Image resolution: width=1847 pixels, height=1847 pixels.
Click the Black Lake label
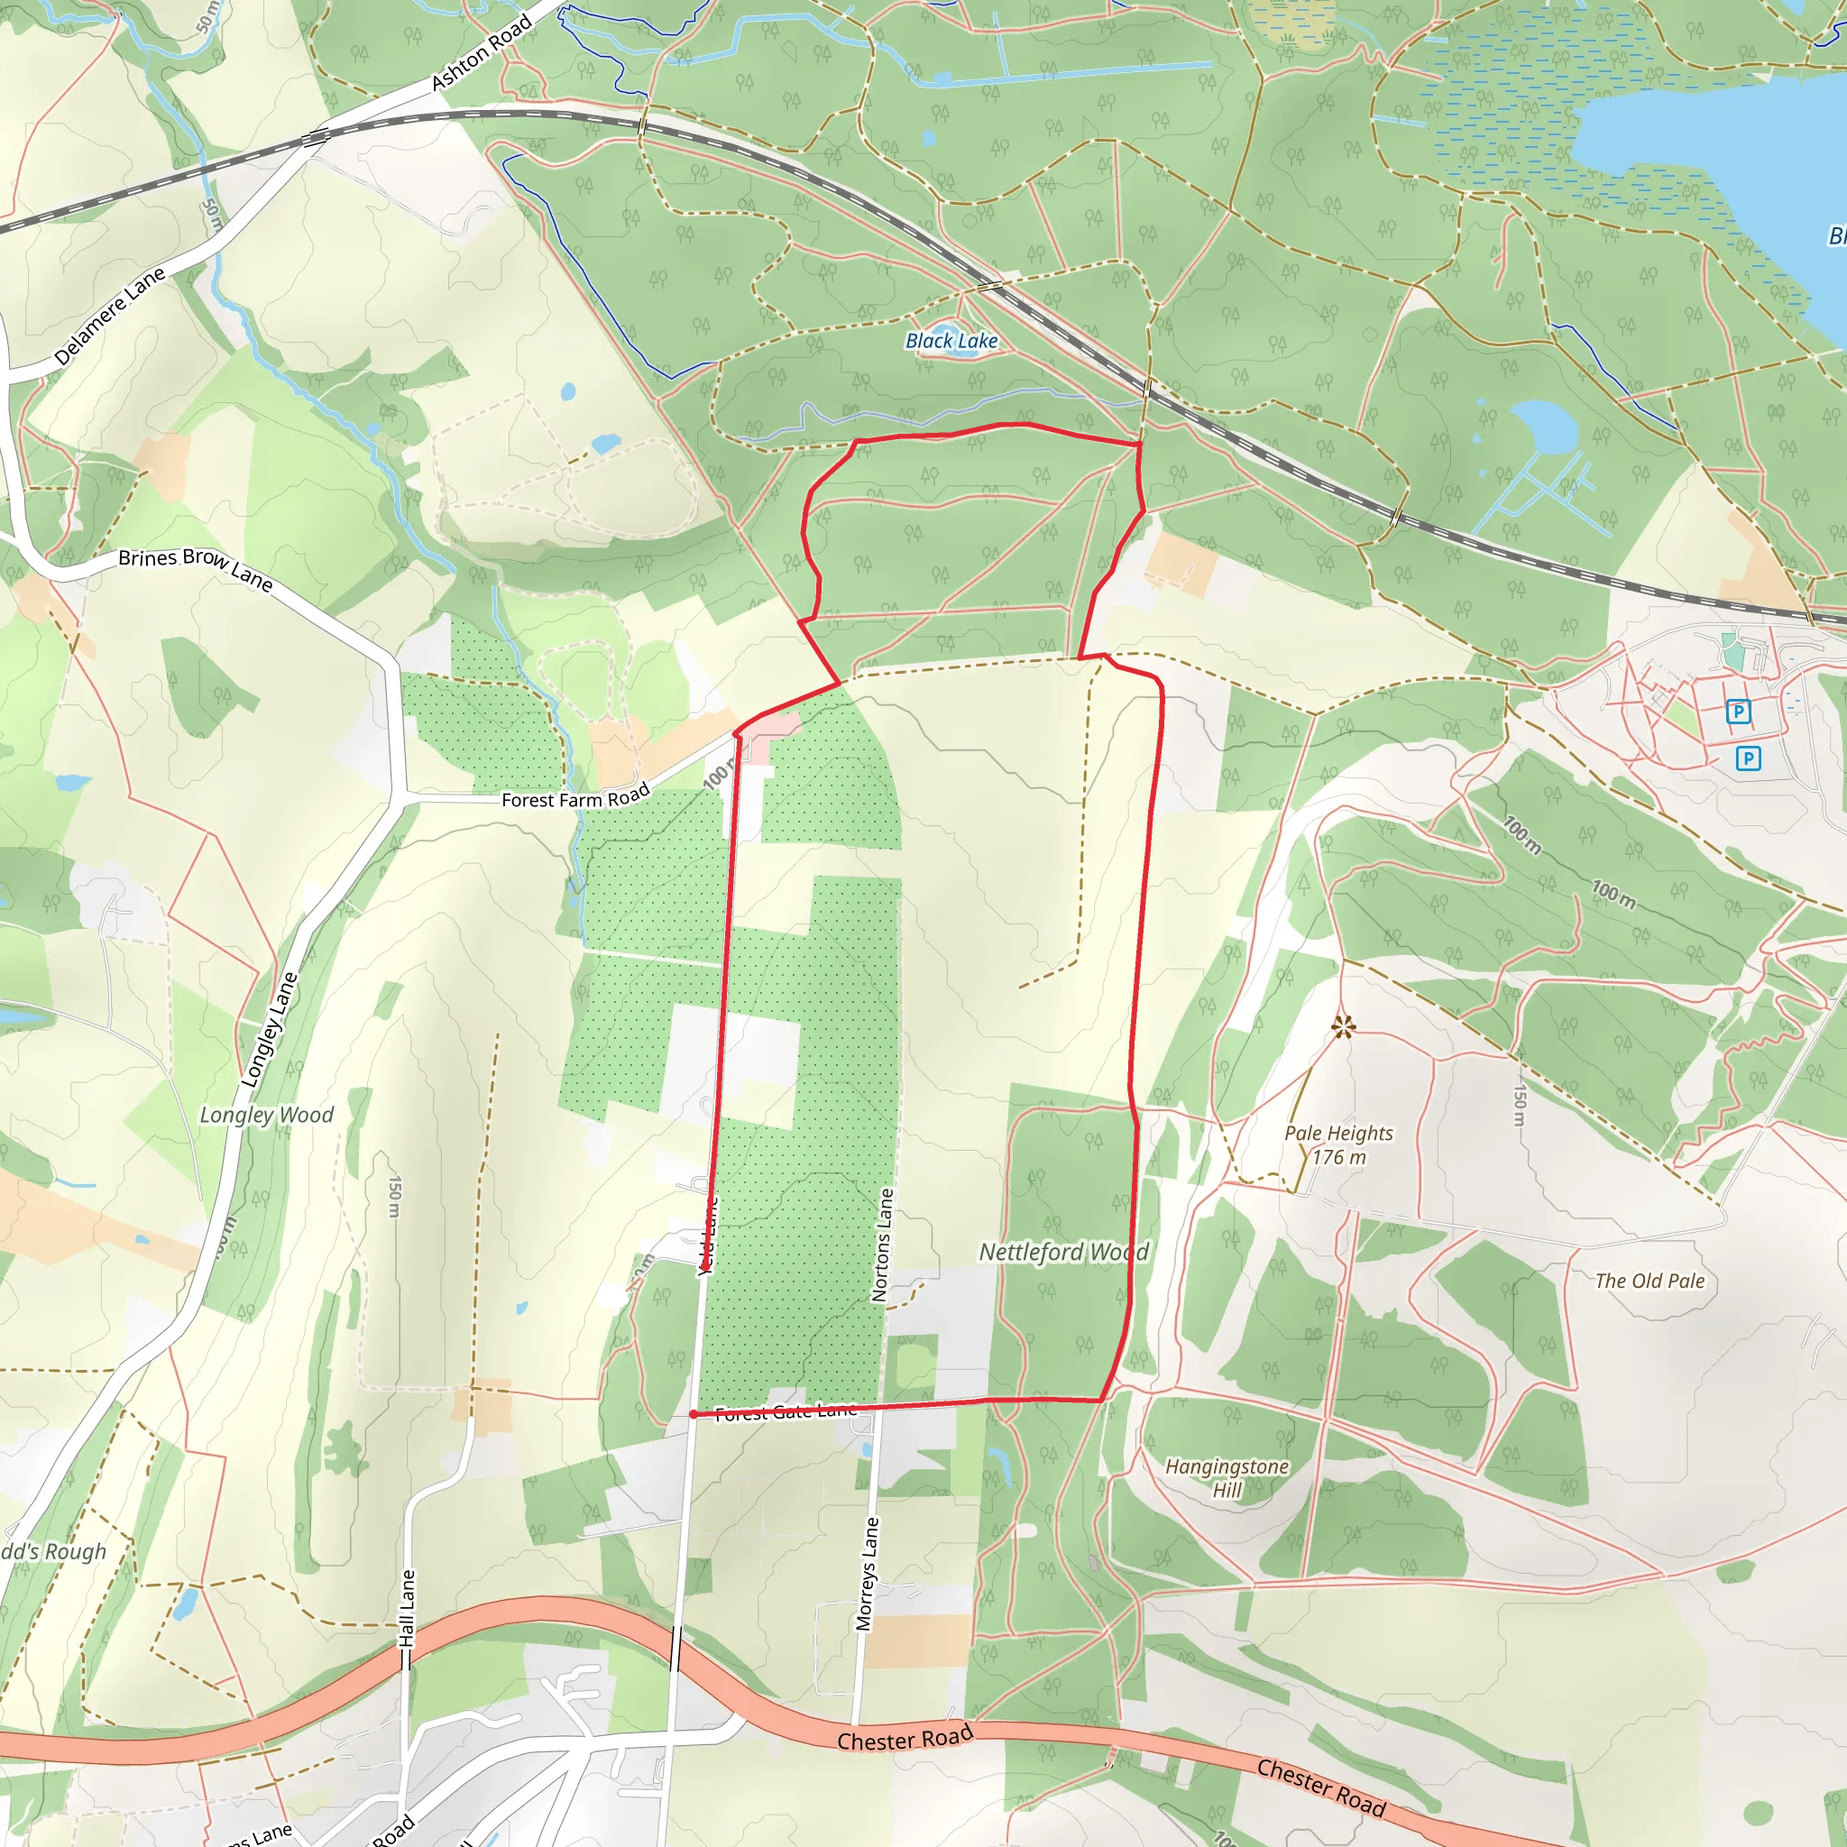pyautogui.click(x=951, y=340)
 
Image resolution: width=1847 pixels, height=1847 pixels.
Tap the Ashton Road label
pyautogui.click(x=481, y=54)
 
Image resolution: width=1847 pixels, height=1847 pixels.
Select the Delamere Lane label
pyautogui.click(x=110, y=316)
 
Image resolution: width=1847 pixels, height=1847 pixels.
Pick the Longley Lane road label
pyautogui.click(x=270, y=1030)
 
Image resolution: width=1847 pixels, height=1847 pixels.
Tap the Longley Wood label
pyautogui.click(x=267, y=1115)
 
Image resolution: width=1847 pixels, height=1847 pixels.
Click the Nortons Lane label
pyautogui.click(x=882, y=1245)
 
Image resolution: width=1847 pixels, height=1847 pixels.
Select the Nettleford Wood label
pyautogui.click(x=1064, y=1253)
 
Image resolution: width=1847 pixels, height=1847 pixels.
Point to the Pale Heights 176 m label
pyautogui.click(x=1338, y=1144)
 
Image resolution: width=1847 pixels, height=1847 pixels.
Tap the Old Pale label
pyautogui.click(x=1650, y=1281)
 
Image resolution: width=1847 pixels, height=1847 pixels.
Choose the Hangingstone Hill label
pyautogui.click(x=1227, y=1478)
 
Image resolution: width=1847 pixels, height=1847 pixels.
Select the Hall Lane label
pyautogui.click(x=408, y=1608)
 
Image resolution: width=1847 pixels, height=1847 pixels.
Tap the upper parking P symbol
pyautogui.click(x=1738, y=712)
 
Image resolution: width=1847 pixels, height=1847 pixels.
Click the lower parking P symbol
pyautogui.click(x=1749, y=758)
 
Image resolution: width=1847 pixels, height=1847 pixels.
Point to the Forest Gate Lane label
pyautogui.click(x=786, y=1412)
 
